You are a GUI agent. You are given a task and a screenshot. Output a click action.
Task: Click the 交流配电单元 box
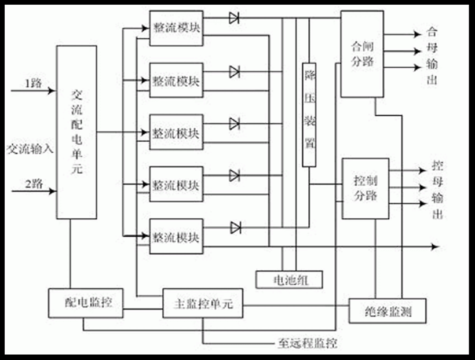pos(76,132)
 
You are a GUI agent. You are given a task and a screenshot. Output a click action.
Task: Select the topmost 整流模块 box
pos(176,28)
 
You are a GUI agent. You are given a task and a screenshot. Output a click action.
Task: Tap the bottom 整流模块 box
pos(176,236)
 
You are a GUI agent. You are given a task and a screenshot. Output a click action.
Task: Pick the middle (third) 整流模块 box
pos(176,133)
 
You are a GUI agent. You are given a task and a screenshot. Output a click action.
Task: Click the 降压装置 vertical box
pos(309,113)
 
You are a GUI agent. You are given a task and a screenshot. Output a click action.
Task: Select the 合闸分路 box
pos(362,54)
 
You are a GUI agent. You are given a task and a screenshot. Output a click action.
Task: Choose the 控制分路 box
pos(366,188)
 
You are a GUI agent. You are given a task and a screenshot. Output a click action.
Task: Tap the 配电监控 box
pos(86,303)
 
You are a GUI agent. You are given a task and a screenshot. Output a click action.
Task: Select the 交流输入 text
pos(29,148)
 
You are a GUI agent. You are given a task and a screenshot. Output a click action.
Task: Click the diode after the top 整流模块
pos(235,18)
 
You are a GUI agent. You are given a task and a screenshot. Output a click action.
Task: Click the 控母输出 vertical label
pos(438,190)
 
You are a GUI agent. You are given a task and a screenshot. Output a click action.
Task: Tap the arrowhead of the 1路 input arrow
pos(53,91)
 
